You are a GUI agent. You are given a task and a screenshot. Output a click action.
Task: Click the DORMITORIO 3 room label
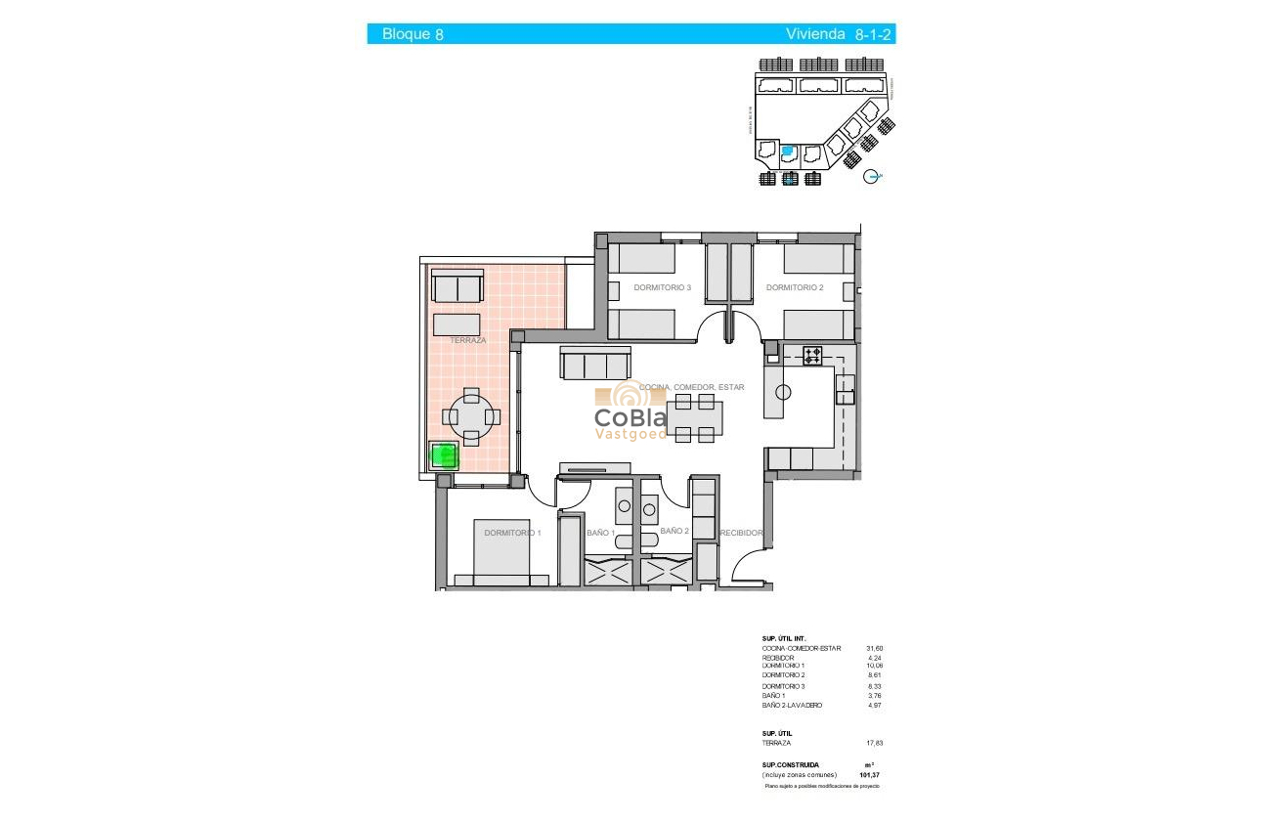[x=662, y=288]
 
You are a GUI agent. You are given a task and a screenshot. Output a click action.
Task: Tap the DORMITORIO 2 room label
[x=795, y=288]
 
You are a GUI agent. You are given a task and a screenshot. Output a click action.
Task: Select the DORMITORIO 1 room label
[x=512, y=533]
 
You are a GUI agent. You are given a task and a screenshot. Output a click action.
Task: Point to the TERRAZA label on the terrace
[x=467, y=340]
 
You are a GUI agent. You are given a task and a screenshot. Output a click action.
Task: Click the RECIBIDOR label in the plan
[x=741, y=533]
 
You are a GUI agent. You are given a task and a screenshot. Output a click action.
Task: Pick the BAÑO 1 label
[x=599, y=533]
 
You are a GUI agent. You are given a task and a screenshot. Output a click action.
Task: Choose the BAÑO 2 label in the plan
[x=674, y=531]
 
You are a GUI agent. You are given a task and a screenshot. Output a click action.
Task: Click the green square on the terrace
[x=445, y=456]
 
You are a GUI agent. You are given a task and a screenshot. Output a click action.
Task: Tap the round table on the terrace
[x=472, y=417]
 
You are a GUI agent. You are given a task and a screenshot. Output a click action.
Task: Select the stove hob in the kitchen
[x=812, y=356]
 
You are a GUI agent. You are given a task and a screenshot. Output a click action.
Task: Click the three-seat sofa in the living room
[x=593, y=364]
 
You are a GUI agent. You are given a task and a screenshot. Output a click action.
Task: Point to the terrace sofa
[x=457, y=287]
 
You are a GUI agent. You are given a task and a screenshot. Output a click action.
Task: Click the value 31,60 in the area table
[x=874, y=648]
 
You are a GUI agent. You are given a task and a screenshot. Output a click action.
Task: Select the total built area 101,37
[x=869, y=775]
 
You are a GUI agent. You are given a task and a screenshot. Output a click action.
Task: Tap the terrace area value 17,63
[x=874, y=743]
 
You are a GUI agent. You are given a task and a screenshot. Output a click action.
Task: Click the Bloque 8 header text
[x=413, y=34]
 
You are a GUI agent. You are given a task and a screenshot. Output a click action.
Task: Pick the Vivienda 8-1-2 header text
[x=840, y=34]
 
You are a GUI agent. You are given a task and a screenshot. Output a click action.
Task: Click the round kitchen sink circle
[x=782, y=393]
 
